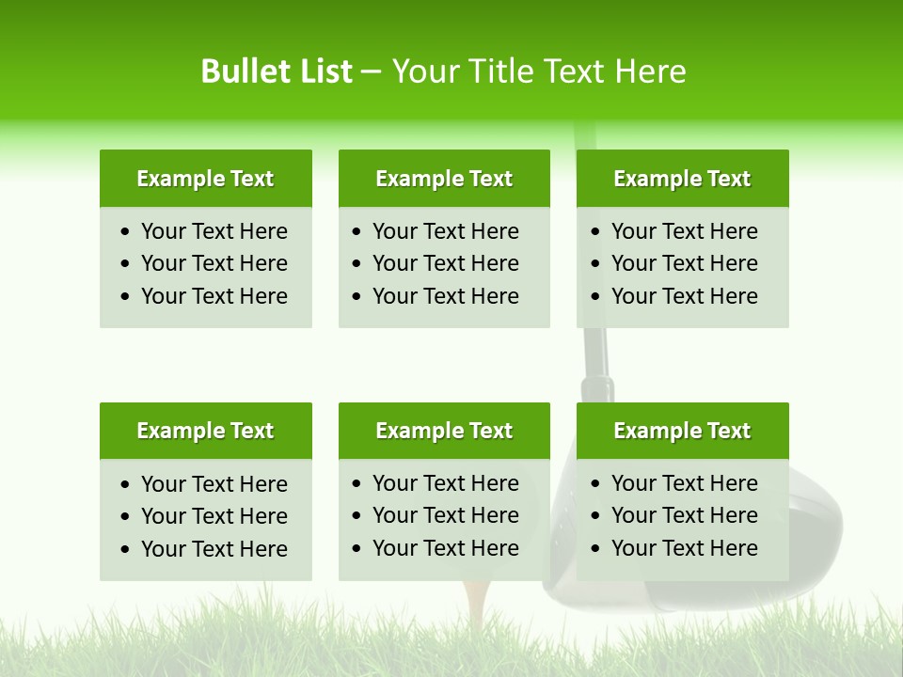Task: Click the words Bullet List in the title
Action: click(x=277, y=71)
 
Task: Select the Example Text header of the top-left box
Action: click(x=205, y=179)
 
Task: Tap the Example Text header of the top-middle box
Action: click(x=444, y=179)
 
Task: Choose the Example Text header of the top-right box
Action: click(x=682, y=179)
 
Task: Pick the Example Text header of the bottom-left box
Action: click(x=205, y=431)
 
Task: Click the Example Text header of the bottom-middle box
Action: click(x=444, y=431)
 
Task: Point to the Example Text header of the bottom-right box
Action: click(x=682, y=431)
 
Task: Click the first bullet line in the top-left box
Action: click(x=214, y=231)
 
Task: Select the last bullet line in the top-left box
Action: click(x=214, y=296)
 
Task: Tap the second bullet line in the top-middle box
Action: click(x=445, y=263)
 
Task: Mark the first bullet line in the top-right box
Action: click(x=684, y=231)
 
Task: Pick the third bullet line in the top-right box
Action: click(x=684, y=296)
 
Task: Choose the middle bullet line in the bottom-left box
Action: click(x=214, y=516)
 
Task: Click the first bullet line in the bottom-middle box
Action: click(x=445, y=483)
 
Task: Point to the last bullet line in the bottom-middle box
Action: click(x=445, y=548)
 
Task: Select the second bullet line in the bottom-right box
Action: click(x=684, y=515)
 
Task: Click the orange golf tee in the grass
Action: click(x=477, y=602)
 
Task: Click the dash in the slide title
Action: click(x=372, y=71)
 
